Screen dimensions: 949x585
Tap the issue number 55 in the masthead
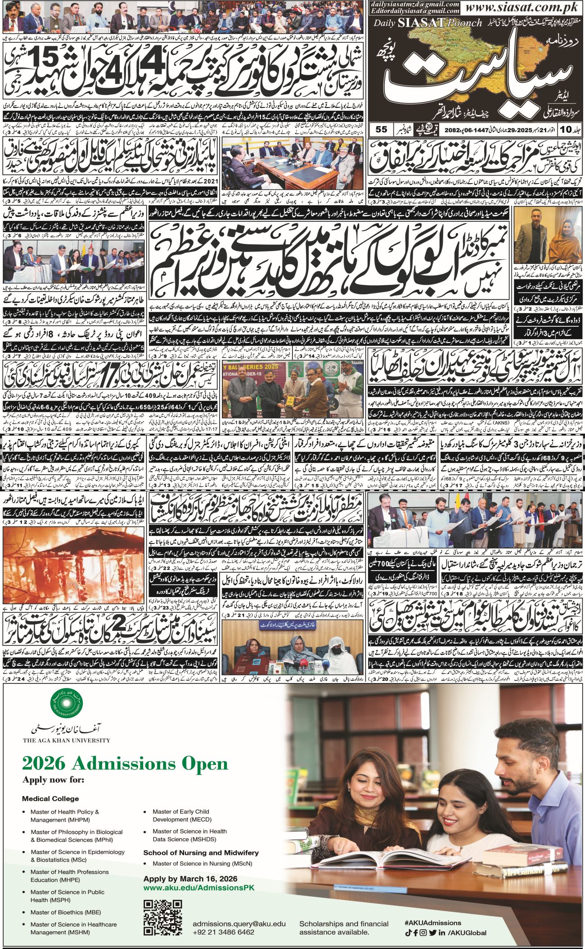click(381, 129)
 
